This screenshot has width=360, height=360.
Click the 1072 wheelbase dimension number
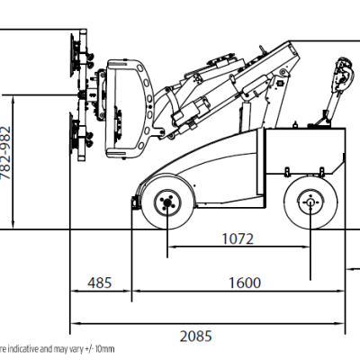coord(238,239)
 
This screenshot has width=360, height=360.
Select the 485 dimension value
coord(100,283)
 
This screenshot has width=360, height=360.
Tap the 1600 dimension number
coord(245,283)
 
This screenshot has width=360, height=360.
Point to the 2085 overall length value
coord(196,337)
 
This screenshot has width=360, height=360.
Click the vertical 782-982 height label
coord(5,152)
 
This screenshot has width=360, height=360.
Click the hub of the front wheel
coord(167,203)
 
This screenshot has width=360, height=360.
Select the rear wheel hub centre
coord(310,202)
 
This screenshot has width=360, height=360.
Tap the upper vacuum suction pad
coord(73,55)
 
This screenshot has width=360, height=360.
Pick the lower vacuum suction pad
coord(73,134)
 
